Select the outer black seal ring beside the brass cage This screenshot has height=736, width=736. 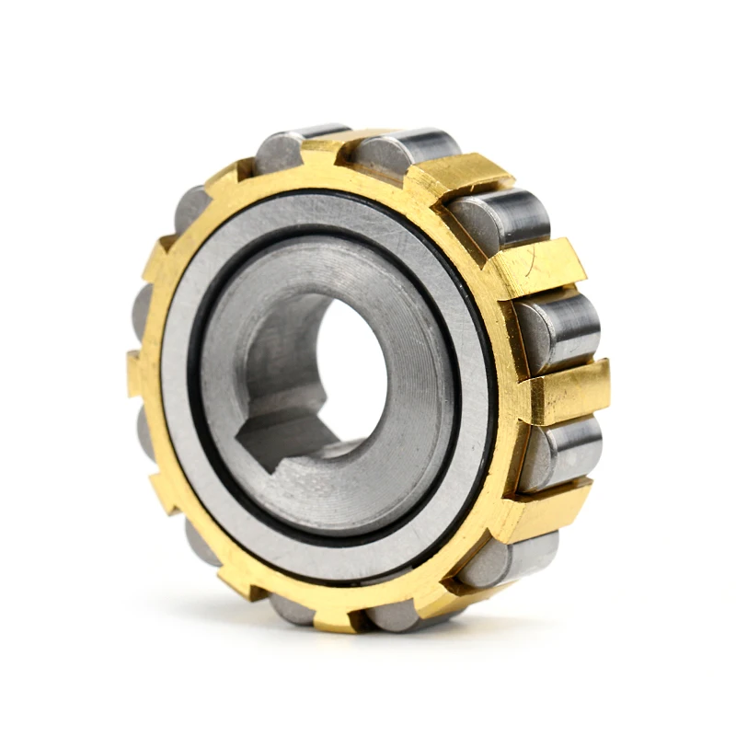488,386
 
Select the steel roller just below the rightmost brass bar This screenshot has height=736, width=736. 561,451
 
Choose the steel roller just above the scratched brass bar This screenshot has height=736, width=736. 501,216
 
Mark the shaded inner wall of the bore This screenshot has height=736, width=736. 294,350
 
